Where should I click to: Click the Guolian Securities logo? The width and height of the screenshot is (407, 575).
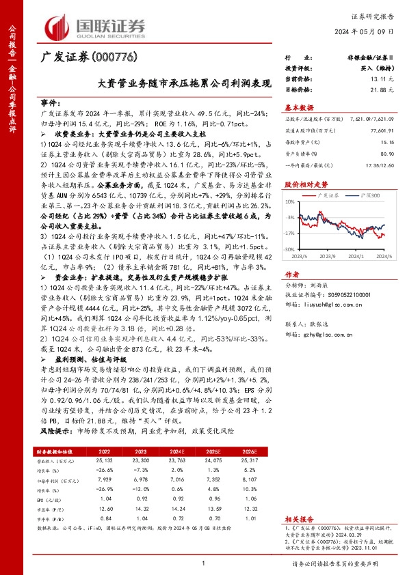(x=95, y=26)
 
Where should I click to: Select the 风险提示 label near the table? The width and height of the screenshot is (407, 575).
(x=54, y=432)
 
